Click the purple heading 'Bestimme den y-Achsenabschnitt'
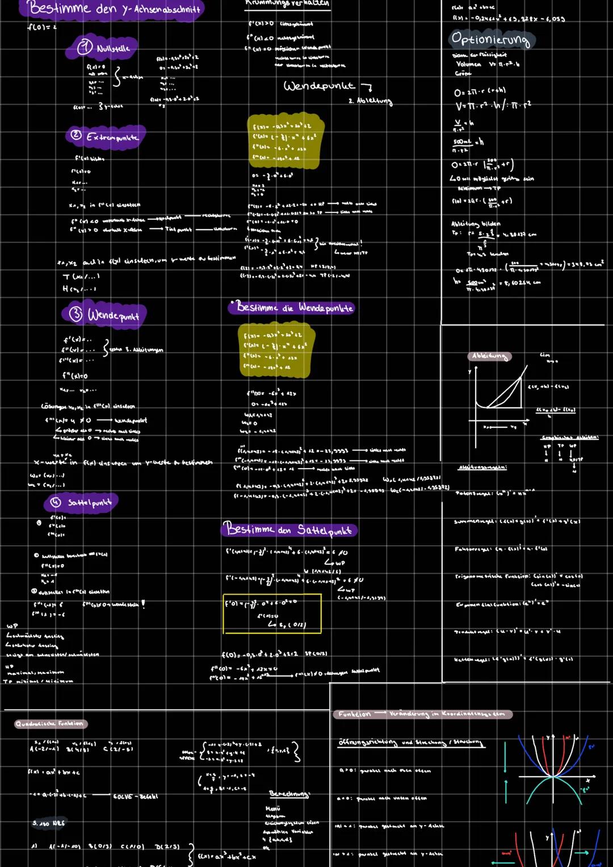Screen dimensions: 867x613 pos(114,9)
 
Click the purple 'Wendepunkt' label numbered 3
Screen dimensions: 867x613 pos(105,314)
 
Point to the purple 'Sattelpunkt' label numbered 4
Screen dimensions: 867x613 pos(82,502)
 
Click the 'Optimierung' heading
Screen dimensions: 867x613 pos(490,40)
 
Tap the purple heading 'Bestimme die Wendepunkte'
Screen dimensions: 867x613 pos(292,307)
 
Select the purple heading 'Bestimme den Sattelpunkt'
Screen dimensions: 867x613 pos(289,530)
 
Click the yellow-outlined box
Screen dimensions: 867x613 pos(272,613)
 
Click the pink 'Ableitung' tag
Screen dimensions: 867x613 pos(489,356)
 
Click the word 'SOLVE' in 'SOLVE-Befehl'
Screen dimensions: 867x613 pos(123,797)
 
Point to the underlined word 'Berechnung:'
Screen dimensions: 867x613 pos(289,793)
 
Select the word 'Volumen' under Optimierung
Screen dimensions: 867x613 pos(469,64)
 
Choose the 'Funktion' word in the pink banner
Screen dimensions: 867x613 pos(355,714)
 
